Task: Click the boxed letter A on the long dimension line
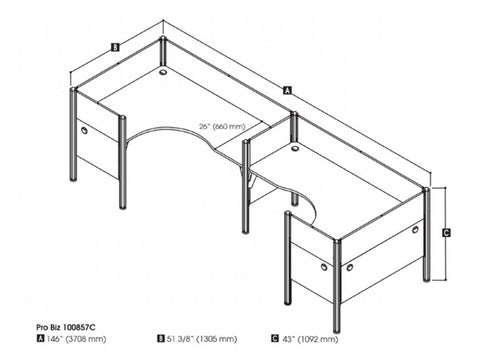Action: click(289, 90)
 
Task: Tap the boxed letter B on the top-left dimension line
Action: click(116, 46)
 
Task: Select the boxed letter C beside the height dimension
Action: click(446, 231)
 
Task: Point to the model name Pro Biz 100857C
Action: click(51, 326)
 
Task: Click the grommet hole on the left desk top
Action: click(164, 72)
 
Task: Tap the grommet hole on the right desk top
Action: click(296, 148)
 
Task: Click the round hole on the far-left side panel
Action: click(82, 129)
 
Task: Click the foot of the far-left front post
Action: click(73, 180)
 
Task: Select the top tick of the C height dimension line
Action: click(446, 187)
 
